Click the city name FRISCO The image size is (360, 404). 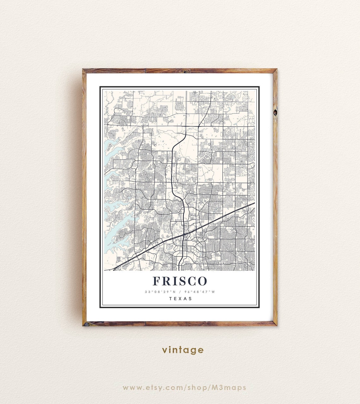tap(180, 281)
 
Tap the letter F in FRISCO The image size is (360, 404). tap(157, 281)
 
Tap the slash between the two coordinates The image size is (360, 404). tap(180, 292)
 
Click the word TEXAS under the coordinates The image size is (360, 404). tap(180, 298)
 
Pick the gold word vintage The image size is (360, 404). tap(183, 350)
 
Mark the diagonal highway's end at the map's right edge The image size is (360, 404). tap(254, 203)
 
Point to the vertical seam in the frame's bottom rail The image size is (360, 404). tap(146, 323)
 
